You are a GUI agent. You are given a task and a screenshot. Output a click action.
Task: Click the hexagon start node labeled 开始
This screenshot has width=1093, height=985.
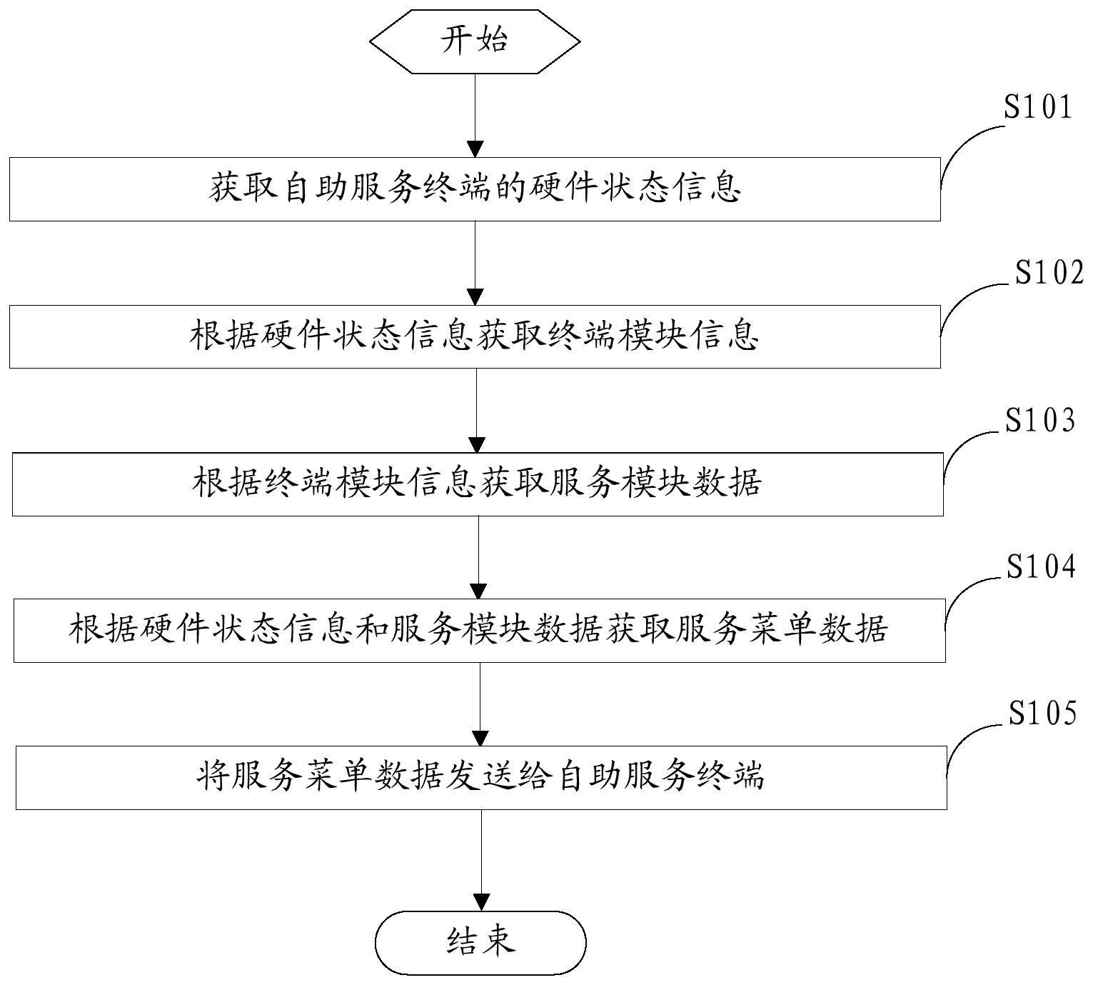[475, 41]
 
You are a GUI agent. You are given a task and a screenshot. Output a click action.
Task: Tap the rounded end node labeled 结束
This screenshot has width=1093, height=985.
[480, 942]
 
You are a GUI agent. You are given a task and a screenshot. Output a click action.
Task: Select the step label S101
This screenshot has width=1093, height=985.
[1038, 108]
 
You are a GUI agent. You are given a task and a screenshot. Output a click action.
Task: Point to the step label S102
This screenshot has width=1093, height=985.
[1049, 273]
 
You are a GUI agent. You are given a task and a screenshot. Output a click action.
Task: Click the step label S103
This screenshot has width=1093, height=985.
[1040, 421]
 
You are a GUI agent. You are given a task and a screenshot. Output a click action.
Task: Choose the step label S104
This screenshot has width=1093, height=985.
[1041, 566]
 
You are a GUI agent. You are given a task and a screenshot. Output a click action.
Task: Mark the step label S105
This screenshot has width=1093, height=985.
[1042, 714]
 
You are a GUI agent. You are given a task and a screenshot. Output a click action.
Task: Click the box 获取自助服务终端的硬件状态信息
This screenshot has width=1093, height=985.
[475, 189]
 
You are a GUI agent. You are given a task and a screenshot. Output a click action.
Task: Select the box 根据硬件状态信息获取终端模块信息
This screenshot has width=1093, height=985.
[475, 336]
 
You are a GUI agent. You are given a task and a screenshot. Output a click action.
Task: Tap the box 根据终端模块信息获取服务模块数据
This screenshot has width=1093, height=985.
[478, 484]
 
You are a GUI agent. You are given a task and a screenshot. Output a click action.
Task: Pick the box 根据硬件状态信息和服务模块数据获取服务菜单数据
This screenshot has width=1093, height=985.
[479, 631]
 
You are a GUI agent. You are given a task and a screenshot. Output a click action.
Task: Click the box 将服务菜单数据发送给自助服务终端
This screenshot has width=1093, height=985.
[481, 777]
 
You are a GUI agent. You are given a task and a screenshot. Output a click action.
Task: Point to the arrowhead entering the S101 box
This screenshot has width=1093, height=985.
[475, 149]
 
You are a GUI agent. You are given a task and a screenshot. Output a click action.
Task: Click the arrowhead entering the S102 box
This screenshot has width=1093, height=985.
[475, 296]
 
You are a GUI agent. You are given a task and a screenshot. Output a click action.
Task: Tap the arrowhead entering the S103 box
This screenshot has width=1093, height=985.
[477, 444]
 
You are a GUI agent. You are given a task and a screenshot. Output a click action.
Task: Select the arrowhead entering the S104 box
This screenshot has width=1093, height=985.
[479, 591]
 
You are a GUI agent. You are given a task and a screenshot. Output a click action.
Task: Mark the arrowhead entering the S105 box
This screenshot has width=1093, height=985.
[481, 738]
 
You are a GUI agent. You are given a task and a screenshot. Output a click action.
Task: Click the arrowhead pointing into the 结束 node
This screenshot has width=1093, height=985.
[482, 902]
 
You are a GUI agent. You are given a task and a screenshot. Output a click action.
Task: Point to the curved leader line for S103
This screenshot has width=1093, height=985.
[964, 446]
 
